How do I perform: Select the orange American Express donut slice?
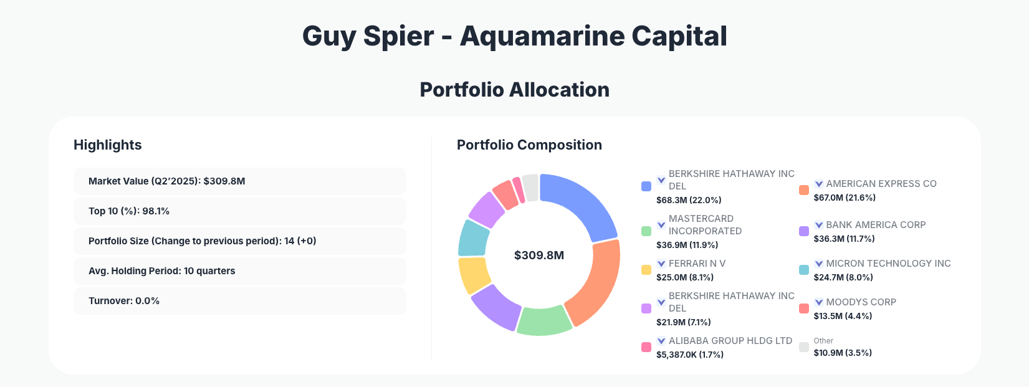(596, 284)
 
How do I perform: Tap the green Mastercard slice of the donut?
(543, 322)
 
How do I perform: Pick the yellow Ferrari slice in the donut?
(473, 275)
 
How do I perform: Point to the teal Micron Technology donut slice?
(473, 237)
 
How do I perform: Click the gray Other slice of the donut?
(531, 187)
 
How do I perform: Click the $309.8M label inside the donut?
(539, 256)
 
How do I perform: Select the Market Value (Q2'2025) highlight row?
(239, 181)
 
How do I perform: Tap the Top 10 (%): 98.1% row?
(239, 211)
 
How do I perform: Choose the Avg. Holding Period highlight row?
(239, 271)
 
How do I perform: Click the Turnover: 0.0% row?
(239, 301)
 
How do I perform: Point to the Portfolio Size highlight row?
(239, 241)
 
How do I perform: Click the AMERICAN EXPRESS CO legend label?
(881, 184)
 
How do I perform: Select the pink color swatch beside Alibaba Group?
(646, 347)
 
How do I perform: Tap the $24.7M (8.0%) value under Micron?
(843, 277)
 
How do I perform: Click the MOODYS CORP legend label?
(861, 302)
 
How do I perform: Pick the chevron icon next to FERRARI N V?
(661, 264)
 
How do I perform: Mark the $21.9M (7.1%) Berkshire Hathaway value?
(683, 322)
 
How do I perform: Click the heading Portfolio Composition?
(529, 145)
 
